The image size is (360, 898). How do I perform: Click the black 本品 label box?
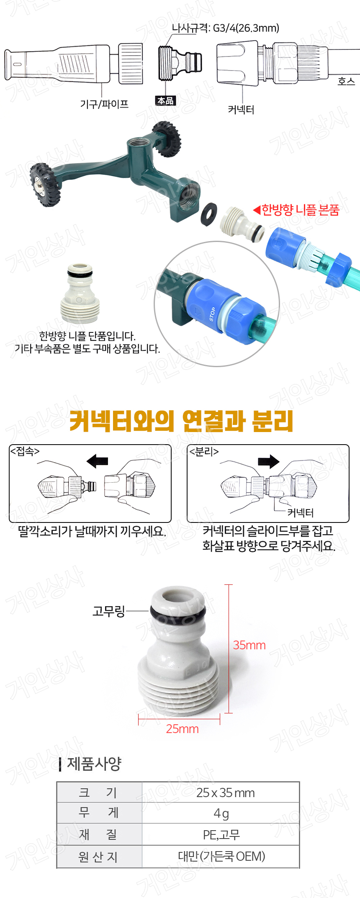(165, 100)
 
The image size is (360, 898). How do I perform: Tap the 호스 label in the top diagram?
(346, 81)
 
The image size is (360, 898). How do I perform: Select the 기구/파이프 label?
(104, 104)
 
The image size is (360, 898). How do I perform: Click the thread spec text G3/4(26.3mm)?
(246, 28)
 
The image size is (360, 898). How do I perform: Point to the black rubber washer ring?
(208, 214)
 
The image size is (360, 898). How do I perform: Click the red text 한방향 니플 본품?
(301, 210)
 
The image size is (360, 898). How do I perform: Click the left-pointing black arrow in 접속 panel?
(97, 461)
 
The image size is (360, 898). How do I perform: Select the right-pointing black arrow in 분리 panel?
(269, 461)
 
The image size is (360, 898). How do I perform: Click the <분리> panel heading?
(204, 452)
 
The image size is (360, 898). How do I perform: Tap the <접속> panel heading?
(25, 451)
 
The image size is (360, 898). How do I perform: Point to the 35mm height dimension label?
(249, 645)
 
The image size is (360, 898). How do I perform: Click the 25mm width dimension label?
(182, 729)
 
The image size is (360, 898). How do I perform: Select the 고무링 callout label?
(108, 611)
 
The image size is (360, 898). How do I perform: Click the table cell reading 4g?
(221, 813)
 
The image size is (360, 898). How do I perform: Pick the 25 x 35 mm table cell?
(221, 793)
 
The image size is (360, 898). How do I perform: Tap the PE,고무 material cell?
(221, 835)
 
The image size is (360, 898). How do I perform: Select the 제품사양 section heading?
(94, 764)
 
